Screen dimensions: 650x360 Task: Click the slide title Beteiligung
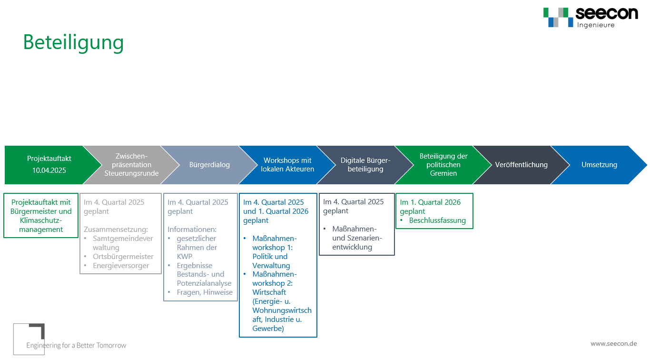(x=73, y=43)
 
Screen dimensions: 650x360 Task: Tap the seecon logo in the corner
(x=591, y=18)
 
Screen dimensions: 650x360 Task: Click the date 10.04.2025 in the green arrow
(x=49, y=170)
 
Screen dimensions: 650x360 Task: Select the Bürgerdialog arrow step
(x=209, y=165)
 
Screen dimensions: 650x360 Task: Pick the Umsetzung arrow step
(x=599, y=165)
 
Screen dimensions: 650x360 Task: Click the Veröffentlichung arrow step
(x=521, y=165)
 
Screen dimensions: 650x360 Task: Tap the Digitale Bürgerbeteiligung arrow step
(x=365, y=165)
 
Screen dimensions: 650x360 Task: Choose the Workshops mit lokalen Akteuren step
(x=287, y=165)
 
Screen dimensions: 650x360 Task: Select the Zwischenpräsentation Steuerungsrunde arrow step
(x=131, y=165)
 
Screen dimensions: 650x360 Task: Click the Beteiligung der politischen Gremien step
(x=443, y=165)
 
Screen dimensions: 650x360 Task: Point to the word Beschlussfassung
(x=437, y=220)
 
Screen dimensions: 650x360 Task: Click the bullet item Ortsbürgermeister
(x=123, y=257)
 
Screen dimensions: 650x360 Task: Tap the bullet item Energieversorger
(x=121, y=266)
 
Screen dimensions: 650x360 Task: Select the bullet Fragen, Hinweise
(x=205, y=292)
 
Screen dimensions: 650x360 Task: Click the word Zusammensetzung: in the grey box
(x=116, y=230)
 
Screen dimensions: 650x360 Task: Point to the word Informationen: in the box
(x=192, y=230)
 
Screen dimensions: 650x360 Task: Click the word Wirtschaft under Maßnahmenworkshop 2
(x=269, y=292)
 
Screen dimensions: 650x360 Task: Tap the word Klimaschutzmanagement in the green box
(x=41, y=225)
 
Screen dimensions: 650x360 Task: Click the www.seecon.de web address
(x=614, y=344)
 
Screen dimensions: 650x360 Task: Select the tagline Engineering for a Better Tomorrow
(x=76, y=346)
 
